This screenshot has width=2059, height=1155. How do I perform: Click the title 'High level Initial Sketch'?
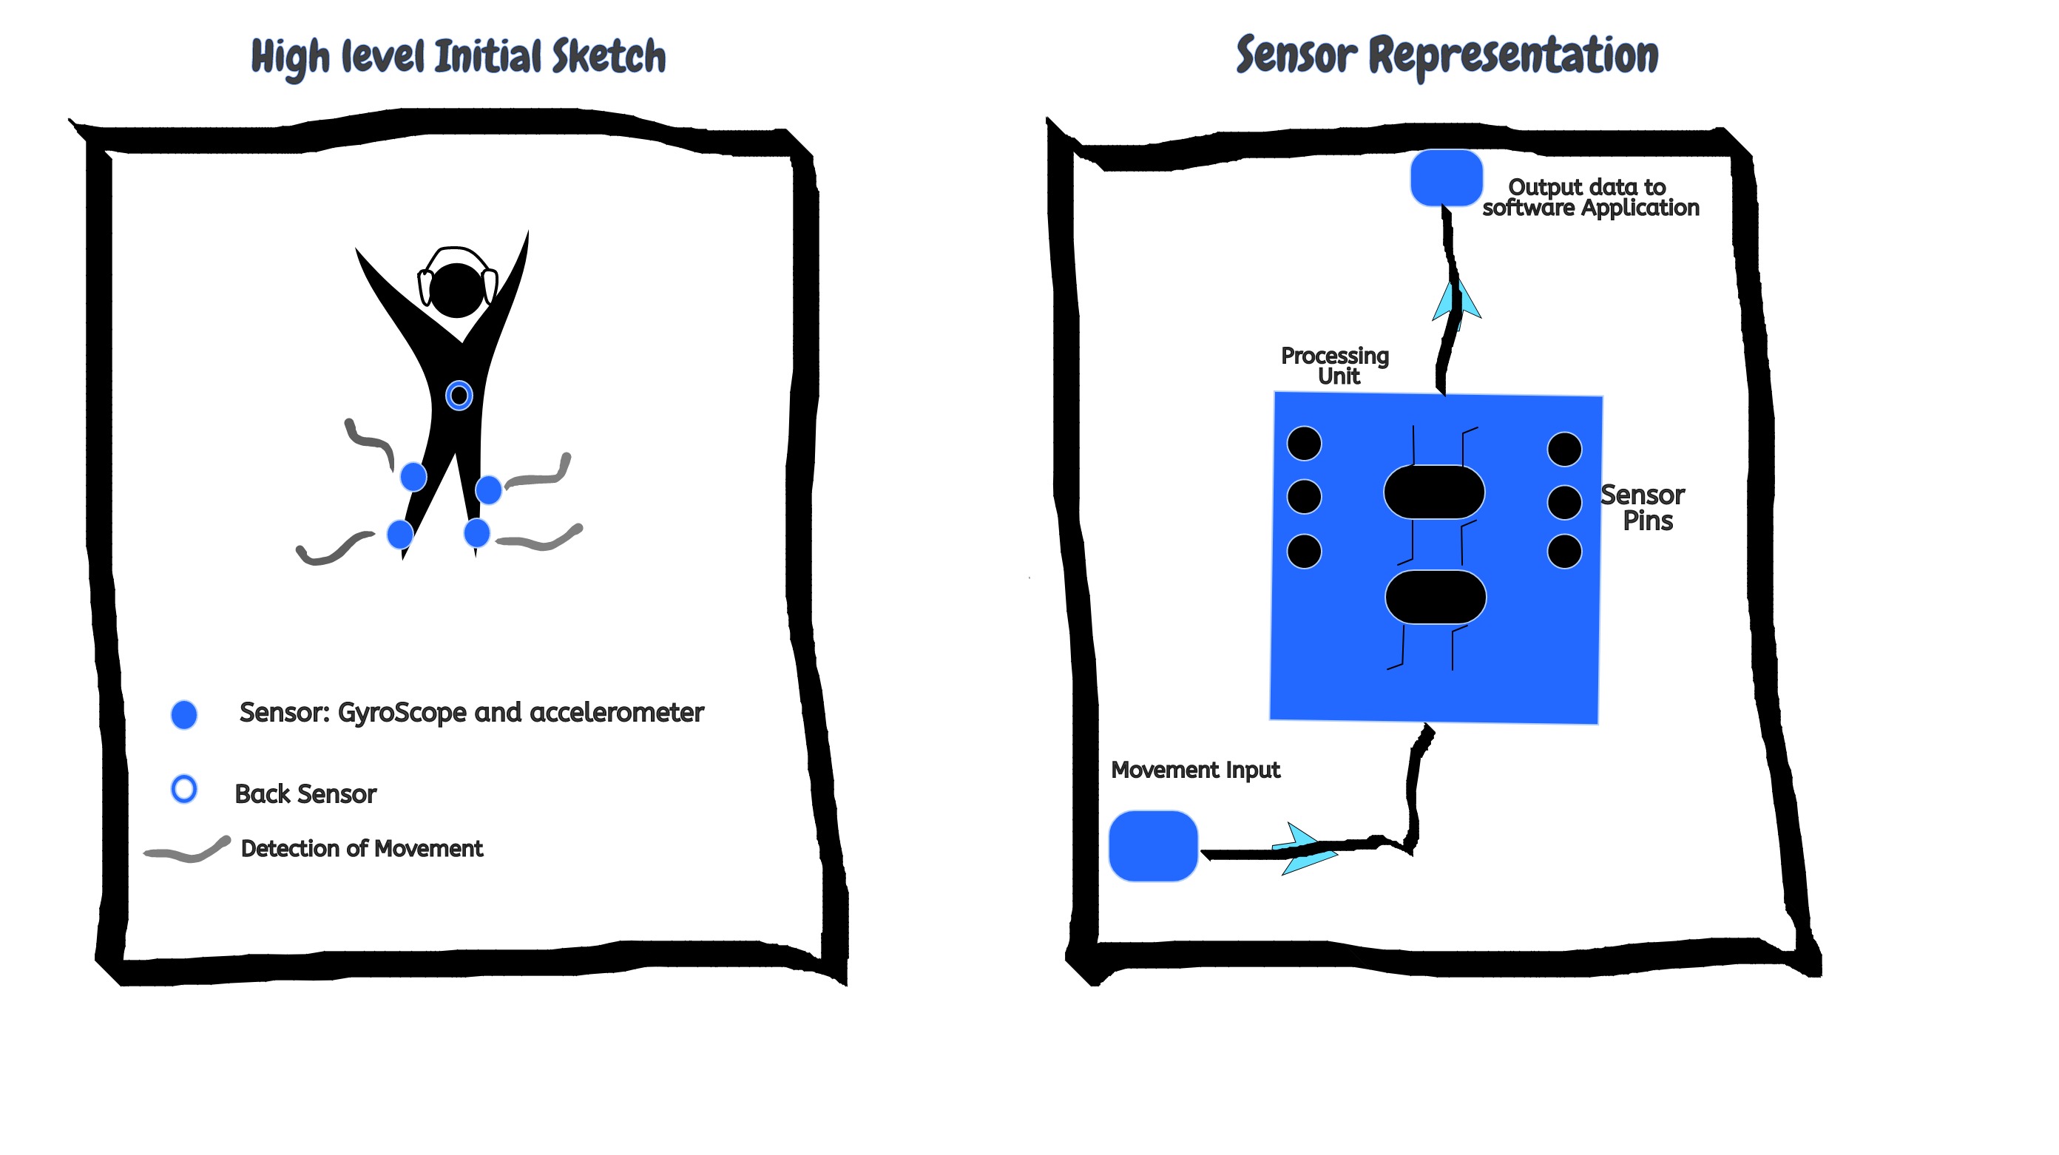[458, 57]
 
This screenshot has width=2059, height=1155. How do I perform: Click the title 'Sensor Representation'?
[1447, 55]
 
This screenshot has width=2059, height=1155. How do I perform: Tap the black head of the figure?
[456, 290]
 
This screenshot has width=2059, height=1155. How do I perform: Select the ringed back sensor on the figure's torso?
[459, 395]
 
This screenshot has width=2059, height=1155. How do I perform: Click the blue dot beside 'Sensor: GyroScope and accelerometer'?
[184, 714]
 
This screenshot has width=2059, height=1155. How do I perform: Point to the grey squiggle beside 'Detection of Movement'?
[188, 850]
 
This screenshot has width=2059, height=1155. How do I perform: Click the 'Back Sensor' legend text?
[305, 793]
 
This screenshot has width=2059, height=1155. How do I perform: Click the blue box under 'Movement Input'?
[1154, 846]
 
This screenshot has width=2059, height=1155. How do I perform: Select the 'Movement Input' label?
[1196, 770]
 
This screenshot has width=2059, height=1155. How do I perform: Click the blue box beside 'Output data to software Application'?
[1446, 177]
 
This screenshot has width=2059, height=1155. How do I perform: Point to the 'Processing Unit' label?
[1335, 365]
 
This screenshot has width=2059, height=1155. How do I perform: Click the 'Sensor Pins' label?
[1643, 507]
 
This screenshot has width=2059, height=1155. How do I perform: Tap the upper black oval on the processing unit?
[1434, 492]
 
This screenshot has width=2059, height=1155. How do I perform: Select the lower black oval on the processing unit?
[1436, 597]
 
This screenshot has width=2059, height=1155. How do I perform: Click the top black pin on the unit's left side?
[1305, 444]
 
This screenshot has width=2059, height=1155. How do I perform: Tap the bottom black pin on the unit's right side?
[1564, 552]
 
